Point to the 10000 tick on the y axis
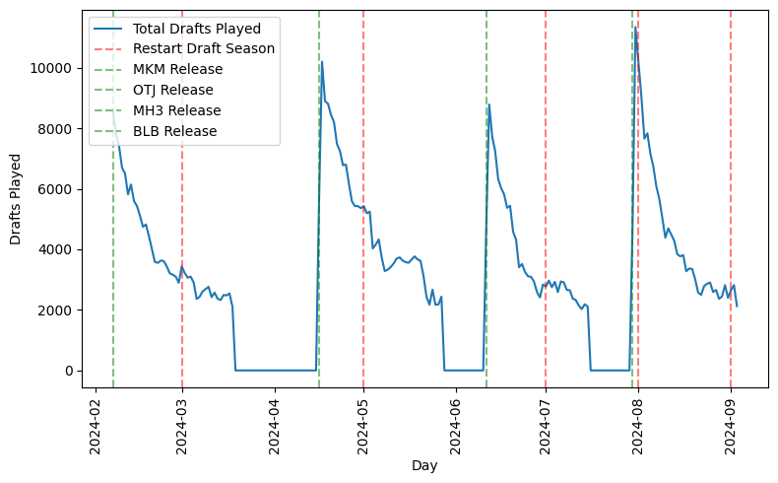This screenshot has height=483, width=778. click(48, 68)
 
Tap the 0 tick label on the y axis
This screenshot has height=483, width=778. click(68, 371)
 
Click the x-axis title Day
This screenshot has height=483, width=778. click(425, 466)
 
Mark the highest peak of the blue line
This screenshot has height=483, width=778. click(636, 29)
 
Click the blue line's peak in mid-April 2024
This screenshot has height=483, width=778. click(322, 62)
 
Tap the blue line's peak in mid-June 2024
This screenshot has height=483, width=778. click(489, 104)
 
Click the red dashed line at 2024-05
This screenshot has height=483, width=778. click(363, 246)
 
